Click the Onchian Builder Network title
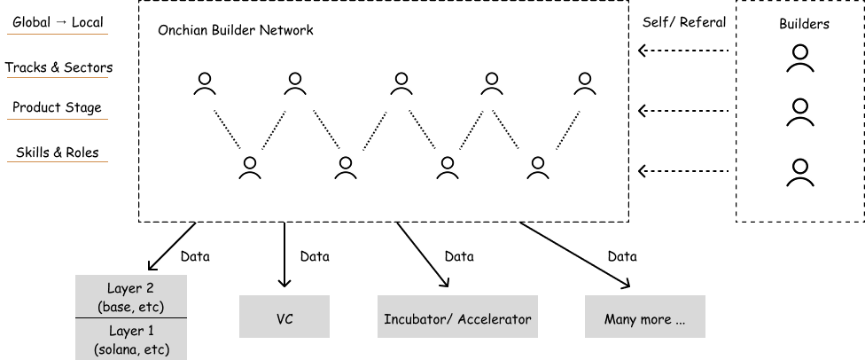[x=235, y=30]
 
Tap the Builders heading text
[x=803, y=24]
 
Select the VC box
[x=284, y=317]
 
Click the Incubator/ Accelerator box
[x=457, y=317]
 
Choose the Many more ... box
[x=644, y=317]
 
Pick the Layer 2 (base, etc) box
[x=130, y=297]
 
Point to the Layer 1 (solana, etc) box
[x=130, y=340]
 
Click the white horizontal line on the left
[x=58, y=77]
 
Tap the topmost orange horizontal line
[x=58, y=35]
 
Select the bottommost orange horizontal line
[x=58, y=161]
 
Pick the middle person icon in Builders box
[x=800, y=113]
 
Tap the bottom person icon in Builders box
[x=800, y=171]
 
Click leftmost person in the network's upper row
[x=205, y=84]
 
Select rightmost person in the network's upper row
[x=584, y=84]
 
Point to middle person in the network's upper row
[x=401, y=84]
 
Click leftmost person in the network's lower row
[x=251, y=168]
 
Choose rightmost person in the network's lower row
[x=538, y=168]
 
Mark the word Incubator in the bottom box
[x=416, y=318]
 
